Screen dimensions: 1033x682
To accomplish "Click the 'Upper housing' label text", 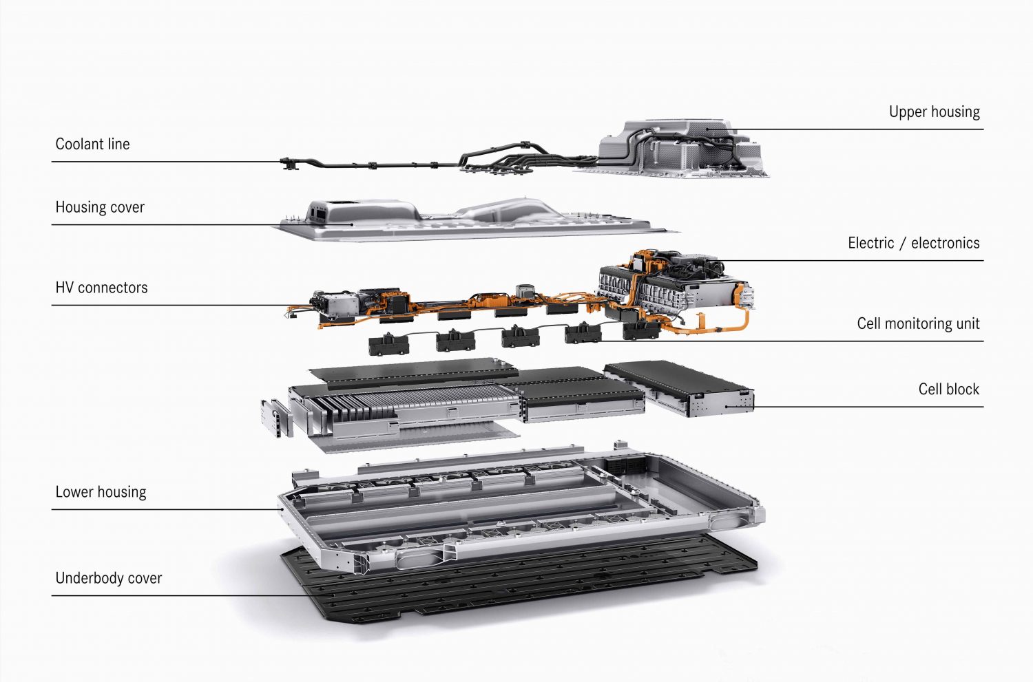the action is click(x=935, y=112).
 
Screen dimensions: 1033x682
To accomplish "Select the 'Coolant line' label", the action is click(x=92, y=145).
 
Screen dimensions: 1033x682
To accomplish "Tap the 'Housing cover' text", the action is click(x=100, y=207).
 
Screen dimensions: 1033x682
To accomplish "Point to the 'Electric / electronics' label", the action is click(x=914, y=243).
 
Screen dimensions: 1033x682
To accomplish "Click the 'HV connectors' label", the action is click(x=101, y=288).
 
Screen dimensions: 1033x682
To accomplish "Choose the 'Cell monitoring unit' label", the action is click(x=918, y=323).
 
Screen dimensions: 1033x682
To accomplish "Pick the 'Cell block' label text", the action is click(x=948, y=389).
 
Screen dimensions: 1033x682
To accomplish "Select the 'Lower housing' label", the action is click(x=101, y=492).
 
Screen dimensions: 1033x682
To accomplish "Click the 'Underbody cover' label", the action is click(x=108, y=578).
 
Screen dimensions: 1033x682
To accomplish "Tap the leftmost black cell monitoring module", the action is click(x=388, y=345).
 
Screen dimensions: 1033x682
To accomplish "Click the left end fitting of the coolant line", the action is click(x=289, y=163).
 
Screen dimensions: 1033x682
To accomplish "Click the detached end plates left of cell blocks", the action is click(x=277, y=417).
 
